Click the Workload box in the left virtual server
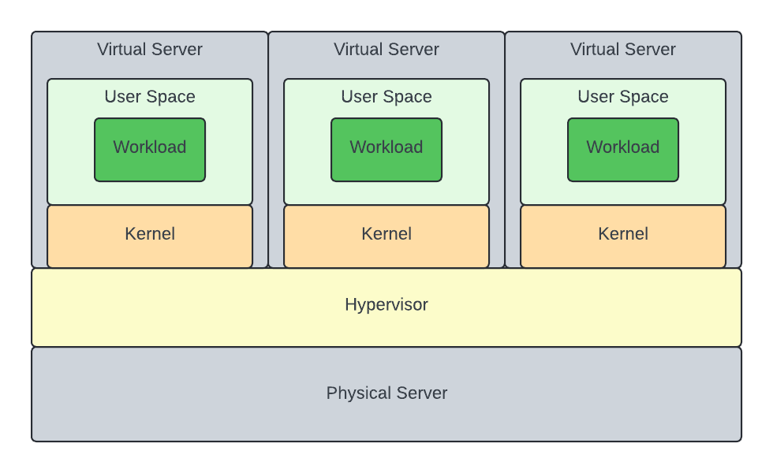click(150, 150)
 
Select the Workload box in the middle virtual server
click(386, 150)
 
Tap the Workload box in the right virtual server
click(623, 150)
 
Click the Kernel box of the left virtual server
click(150, 236)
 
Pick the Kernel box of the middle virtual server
click(386, 236)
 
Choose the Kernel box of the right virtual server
click(623, 236)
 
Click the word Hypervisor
click(386, 304)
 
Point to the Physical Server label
click(386, 393)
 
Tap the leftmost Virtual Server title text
click(150, 50)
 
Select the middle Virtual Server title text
click(386, 50)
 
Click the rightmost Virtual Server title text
click(623, 50)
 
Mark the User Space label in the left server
click(150, 97)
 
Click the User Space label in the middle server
click(386, 97)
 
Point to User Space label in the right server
click(623, 97)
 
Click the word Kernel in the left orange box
click(150, 234)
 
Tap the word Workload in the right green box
click(623, 147)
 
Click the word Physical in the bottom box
click(357, 393)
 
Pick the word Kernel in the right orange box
click(623, 234)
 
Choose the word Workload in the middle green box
click(386, 147)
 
